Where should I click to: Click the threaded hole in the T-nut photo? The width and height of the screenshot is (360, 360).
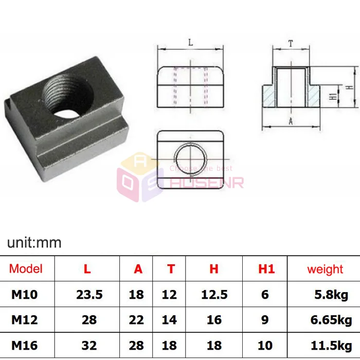click(68, 96)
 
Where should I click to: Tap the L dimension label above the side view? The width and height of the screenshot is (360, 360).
click(191, 42)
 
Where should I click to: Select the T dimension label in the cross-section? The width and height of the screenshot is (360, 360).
click(291, 43)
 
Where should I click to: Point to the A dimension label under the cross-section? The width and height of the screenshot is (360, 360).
click(291, 121)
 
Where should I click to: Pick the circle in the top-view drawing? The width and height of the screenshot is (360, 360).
click(191, 159)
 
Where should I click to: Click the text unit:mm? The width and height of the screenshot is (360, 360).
click(34, 243)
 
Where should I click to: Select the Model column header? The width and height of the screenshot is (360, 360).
click(26, 268)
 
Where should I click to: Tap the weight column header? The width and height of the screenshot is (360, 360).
click(325, 269)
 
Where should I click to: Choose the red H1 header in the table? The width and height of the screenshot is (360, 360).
click(266, 268)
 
